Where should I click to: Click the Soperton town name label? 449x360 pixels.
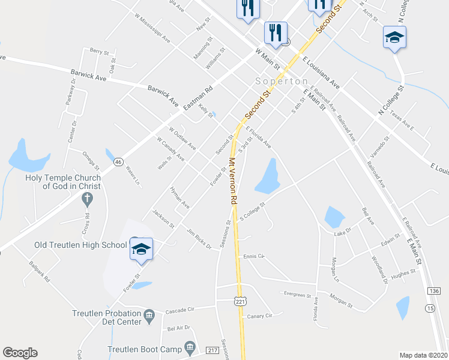click(282, 81)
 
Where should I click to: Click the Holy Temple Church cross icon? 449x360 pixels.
click(86, 199)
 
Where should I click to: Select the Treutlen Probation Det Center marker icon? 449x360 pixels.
click(149, 314)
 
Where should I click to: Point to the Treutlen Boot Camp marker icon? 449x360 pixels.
click(190, 347)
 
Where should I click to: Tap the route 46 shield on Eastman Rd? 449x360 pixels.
click(118, 161)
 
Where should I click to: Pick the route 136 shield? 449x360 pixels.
click(434, 290)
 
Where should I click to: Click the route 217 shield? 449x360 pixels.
click(211, 350)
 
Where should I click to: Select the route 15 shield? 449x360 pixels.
click(430, 308)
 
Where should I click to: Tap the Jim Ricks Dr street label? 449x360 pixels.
click(199, 239)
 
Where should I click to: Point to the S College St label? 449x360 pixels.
click(252, 211)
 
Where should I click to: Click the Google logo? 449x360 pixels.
click(20, 353)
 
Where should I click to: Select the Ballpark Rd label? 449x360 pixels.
click(38, 271)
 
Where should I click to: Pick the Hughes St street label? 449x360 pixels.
click(403, 274)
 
